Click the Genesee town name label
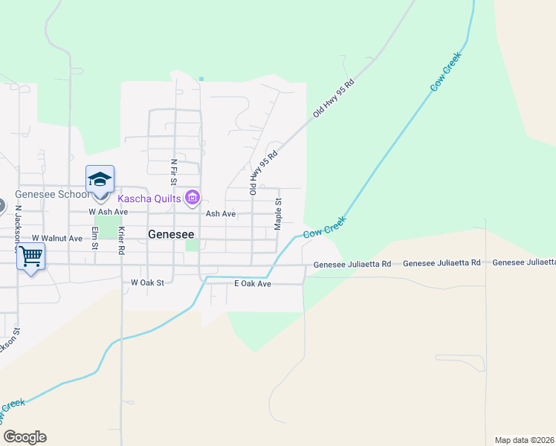click(x=171, y=233)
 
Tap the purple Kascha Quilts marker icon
click(x=193, y=197)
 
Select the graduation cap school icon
click(x=100, y=180)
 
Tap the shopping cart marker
click(x=30, y=256)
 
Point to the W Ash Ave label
click(x=105, y=211)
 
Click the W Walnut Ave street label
click(x=57, y=239)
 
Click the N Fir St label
click(x=173, y=172)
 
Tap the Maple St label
click(x=278, y=213)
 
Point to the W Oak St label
click(x=146, y=282)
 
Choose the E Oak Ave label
click(x=253, y=284)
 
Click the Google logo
click(x=25, y=437)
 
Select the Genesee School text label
click(x=50, y=195)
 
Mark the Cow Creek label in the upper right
click(x=446, y=72)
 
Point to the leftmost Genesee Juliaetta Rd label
click(x=352, y=264)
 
